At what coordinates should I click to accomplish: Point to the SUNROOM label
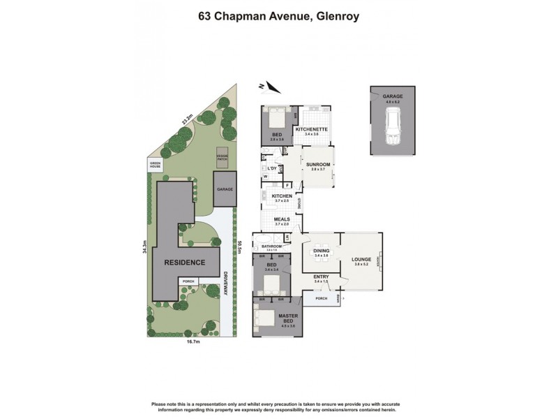point(317,165)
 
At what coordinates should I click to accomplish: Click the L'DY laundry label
point(272,169)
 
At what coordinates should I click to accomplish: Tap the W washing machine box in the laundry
point(266,177)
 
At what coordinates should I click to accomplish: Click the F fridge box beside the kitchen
point(287,185)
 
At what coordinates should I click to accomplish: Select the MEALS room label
point(282,219)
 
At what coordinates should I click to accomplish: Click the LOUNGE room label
point(360,259)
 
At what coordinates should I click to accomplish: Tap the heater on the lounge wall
point(377,262)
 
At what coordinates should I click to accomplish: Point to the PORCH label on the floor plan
point(321,299)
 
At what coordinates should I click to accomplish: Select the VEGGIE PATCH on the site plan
point(222,158)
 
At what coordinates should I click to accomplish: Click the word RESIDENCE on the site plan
point(185,263)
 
